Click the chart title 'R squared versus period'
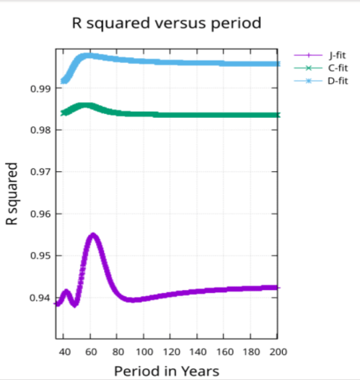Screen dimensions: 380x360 [x=166, y=23]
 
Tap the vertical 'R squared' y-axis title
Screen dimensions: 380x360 [x=12, y=194]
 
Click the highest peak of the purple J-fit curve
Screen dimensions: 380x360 [x=93, y=235]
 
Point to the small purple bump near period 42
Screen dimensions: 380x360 [x=66, y=292]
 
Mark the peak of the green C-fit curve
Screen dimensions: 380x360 [x=84, y=106]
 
